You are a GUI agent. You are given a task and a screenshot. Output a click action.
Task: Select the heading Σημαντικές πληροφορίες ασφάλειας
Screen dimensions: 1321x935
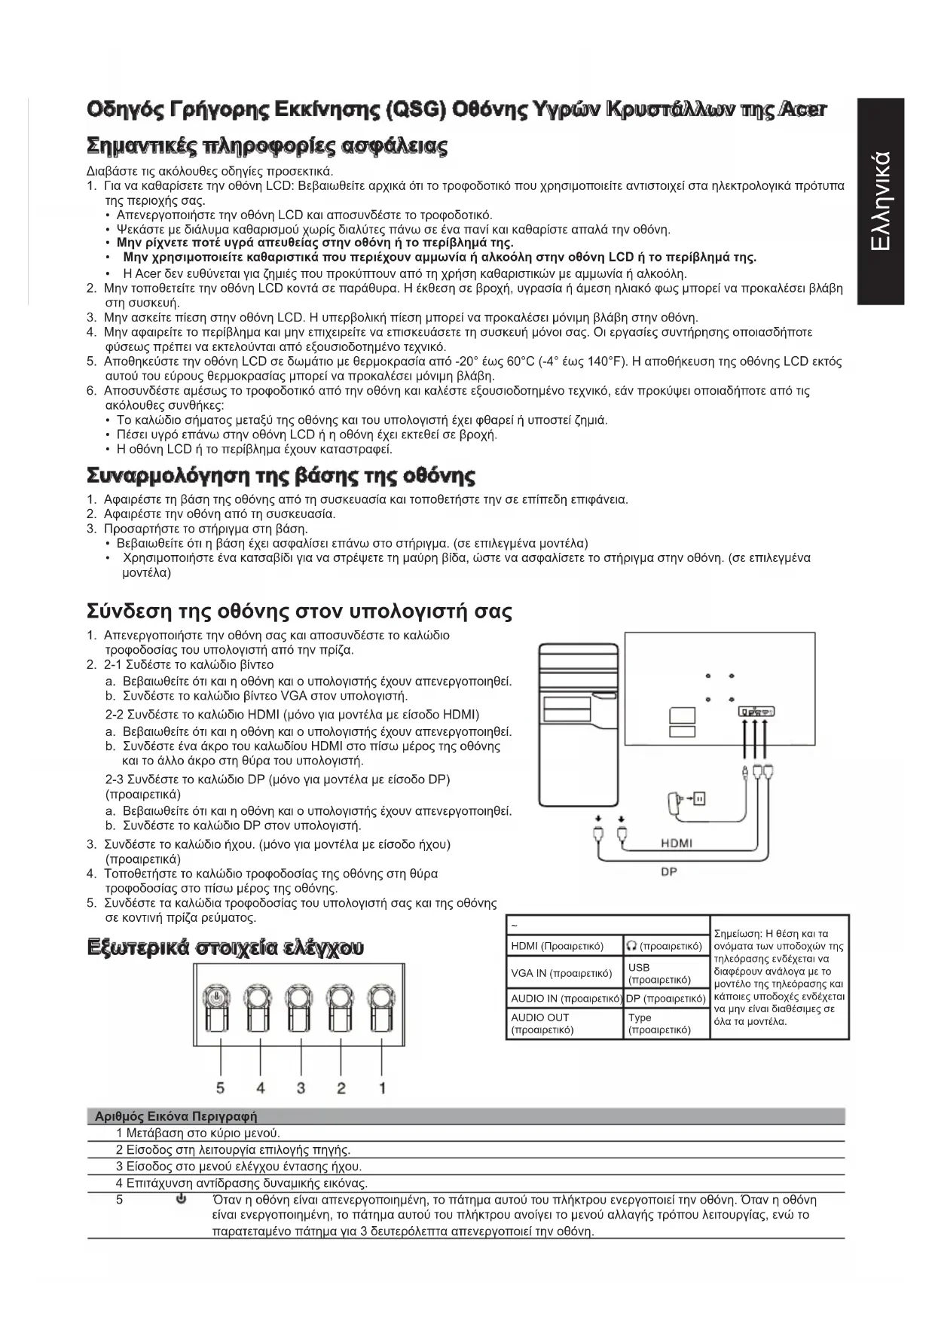click(x=267, y=146)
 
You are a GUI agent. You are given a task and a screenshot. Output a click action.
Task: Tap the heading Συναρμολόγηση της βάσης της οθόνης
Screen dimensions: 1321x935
click(x=281, y=477)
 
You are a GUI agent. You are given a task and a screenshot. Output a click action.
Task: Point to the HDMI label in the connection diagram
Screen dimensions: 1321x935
click(x=676, y=843)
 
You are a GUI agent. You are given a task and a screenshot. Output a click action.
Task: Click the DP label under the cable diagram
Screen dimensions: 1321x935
click(x=668, y=871)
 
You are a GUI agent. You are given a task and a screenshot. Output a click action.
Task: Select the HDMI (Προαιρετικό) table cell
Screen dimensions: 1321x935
click(x=558, y=946)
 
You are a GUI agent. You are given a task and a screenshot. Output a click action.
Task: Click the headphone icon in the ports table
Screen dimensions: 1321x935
click(x=631, y=946)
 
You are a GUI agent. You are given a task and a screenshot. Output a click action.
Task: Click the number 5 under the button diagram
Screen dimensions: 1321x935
click(x=221, y=1088)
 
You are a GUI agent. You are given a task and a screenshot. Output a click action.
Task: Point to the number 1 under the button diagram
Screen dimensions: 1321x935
click(x=382, y=1088)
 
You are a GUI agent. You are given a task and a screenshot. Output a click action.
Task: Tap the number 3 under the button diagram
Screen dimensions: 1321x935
click(x=301, y=1088)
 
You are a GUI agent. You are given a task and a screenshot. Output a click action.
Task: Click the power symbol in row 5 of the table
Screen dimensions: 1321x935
click(x=181, y=1200)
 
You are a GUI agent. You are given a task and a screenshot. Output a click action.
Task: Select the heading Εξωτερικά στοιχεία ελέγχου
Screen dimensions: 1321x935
click(x=225, y=947)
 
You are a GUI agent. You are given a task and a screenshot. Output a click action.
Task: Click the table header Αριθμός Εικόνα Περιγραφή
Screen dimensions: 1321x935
click(x=176, y=1116)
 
